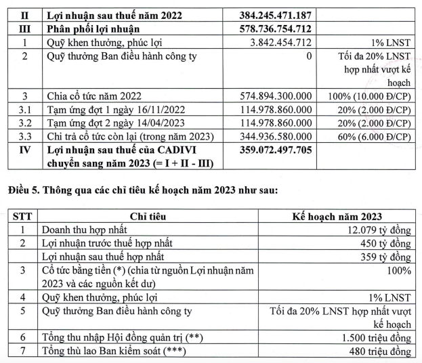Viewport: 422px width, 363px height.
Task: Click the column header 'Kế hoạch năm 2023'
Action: (x=337, y=217)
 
